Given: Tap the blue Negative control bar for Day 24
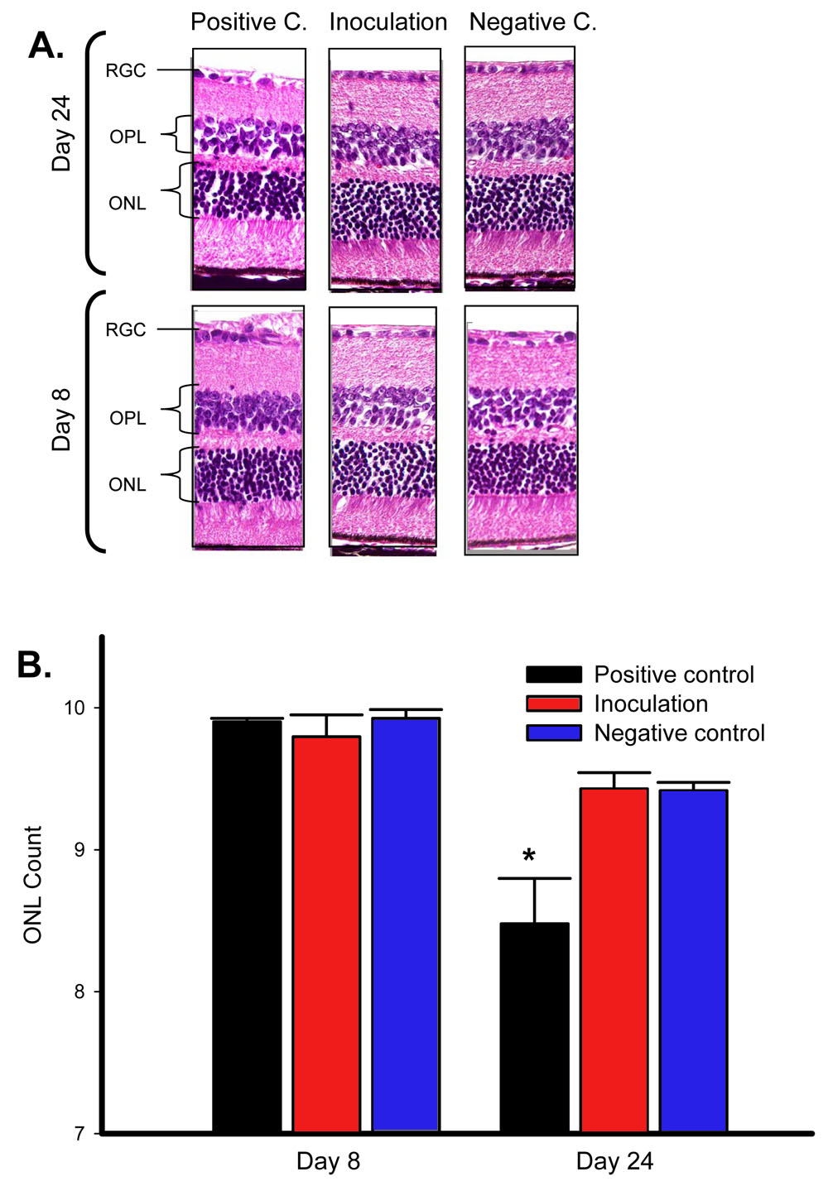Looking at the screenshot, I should pos(693,960).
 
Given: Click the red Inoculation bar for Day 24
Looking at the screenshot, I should pos(614,959).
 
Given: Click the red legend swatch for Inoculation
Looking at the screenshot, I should pos(554,704).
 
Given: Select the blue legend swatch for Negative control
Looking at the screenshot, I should pos(554,732).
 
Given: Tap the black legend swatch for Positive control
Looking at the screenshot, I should pos(554,675).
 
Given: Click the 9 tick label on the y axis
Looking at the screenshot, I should pos(79,850).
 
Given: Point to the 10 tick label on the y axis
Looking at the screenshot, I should pos(75,708).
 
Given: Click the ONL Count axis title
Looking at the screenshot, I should pos(32,885).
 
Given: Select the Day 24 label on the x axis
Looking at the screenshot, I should pos(614,1162).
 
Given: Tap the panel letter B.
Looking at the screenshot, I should pos(34,665).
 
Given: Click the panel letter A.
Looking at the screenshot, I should pos(46,46).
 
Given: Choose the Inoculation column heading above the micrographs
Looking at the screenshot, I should pos(388,22).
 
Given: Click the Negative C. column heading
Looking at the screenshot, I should pos(532,22).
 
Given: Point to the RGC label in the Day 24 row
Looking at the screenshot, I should pos(126,70).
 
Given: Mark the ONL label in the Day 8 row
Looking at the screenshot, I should pos(127,484).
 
